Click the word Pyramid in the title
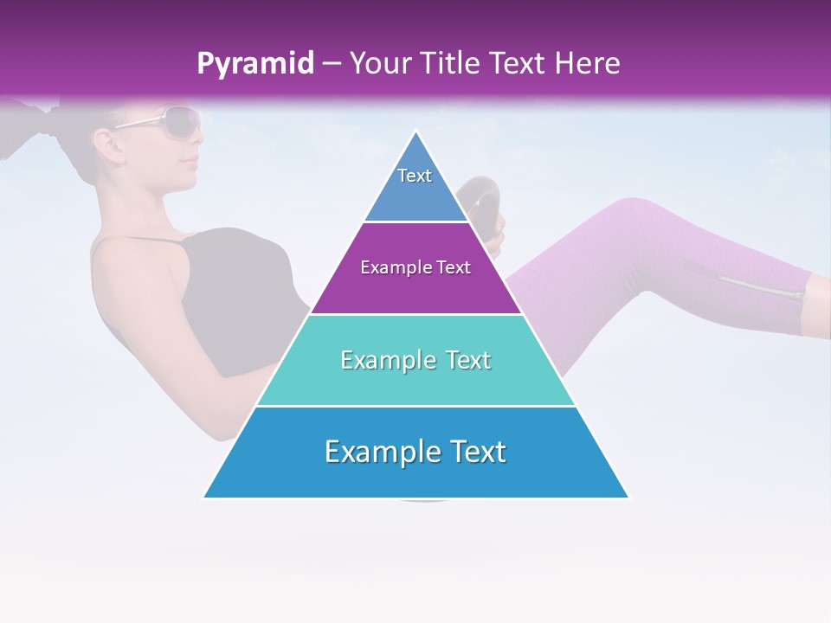(x=254, y=64)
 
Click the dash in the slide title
(x=331, y=64)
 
